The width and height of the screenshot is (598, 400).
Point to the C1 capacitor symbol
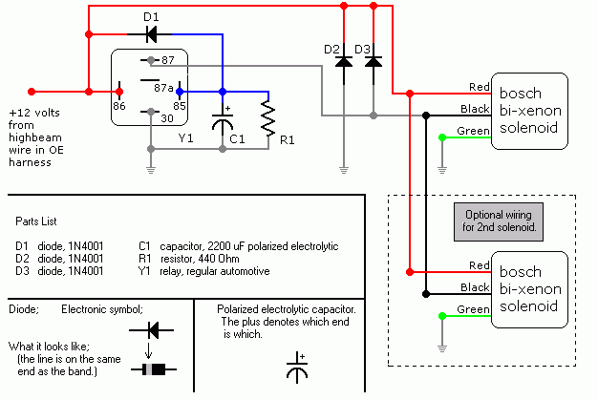(222, 121)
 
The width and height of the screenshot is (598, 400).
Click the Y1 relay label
(186, 137)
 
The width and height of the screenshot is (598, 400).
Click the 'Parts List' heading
(39, 221)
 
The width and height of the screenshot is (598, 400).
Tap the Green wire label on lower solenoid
(476, 308)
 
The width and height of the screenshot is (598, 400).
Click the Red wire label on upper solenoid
(480, 87)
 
